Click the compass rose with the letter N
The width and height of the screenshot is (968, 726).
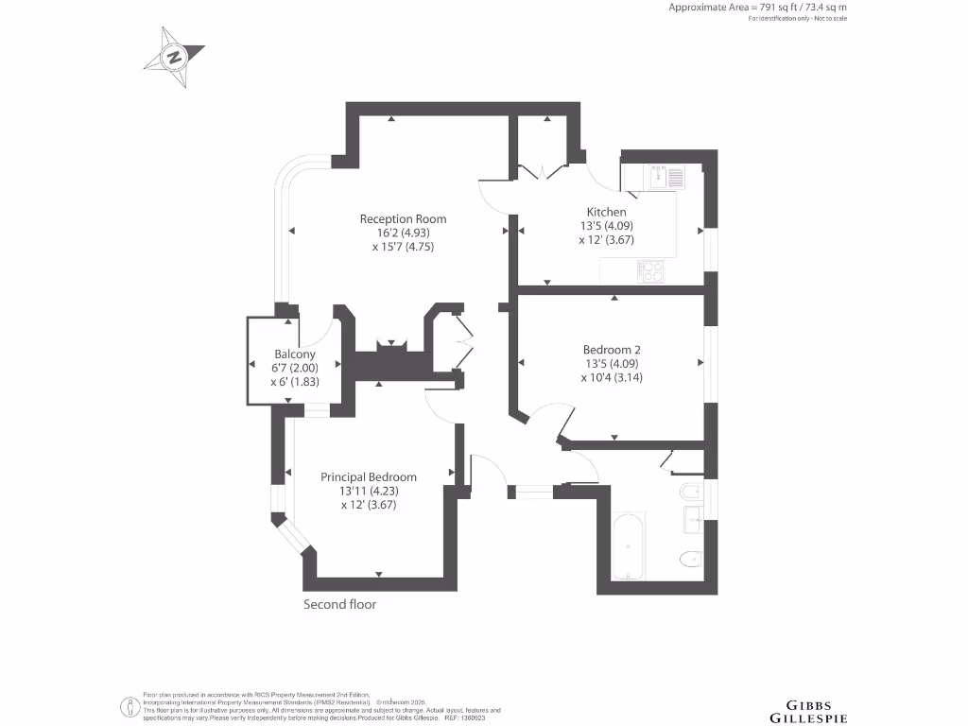173,57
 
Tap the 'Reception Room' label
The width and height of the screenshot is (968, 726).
403,219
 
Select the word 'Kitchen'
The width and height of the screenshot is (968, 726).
606,212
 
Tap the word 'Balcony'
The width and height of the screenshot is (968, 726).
269,354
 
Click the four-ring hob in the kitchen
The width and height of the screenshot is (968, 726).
650,271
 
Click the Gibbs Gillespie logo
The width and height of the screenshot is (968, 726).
810,711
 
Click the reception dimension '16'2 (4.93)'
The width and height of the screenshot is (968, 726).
403,233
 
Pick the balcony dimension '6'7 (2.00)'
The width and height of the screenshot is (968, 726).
269,368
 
